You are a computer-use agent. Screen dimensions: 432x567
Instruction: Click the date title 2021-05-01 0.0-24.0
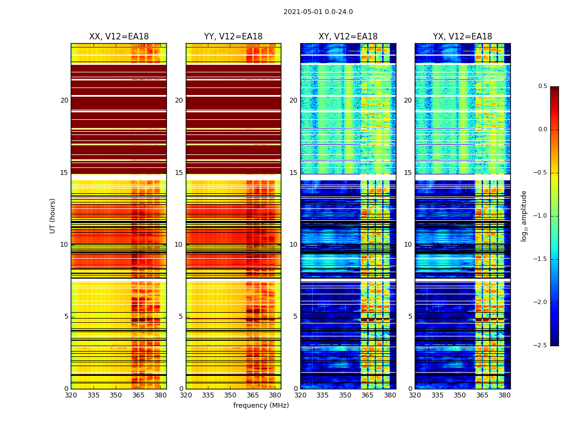(318, 12)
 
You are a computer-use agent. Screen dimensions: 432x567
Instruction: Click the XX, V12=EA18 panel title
(119, 37)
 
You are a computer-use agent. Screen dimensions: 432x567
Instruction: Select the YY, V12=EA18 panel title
(233, 37)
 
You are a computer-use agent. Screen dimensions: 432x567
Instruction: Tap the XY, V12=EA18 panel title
(348, 37)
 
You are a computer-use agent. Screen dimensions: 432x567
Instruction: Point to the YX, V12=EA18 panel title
(462, 37)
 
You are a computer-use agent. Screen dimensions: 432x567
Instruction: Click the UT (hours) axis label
(53, 215)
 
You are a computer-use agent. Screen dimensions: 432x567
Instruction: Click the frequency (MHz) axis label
(261, 406)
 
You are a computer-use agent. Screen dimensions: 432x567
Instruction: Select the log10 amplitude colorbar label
(524, 215)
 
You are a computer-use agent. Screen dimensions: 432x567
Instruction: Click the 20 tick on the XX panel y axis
(64, 100)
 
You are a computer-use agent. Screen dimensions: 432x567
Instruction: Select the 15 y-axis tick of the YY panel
(179, 173)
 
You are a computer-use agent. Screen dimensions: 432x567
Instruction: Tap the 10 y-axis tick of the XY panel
(293, 245)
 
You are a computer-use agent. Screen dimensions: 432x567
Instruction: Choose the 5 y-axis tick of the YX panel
(410, 316)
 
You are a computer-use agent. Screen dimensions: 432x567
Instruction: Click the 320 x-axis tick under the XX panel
(71, 395)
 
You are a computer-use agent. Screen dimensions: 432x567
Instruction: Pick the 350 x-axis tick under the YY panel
(231, 395)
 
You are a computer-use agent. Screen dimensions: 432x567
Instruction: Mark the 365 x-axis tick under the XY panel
(367, 395)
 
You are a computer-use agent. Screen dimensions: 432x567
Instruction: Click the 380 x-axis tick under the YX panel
(504, 395)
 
